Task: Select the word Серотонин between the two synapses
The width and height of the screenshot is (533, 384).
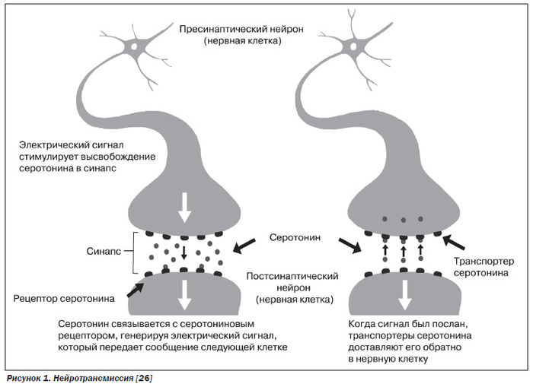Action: [x=295, y=237]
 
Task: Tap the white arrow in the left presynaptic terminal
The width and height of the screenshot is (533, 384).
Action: [x=183, y=205]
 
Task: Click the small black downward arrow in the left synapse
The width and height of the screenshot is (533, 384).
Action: [x=184, y=253]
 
